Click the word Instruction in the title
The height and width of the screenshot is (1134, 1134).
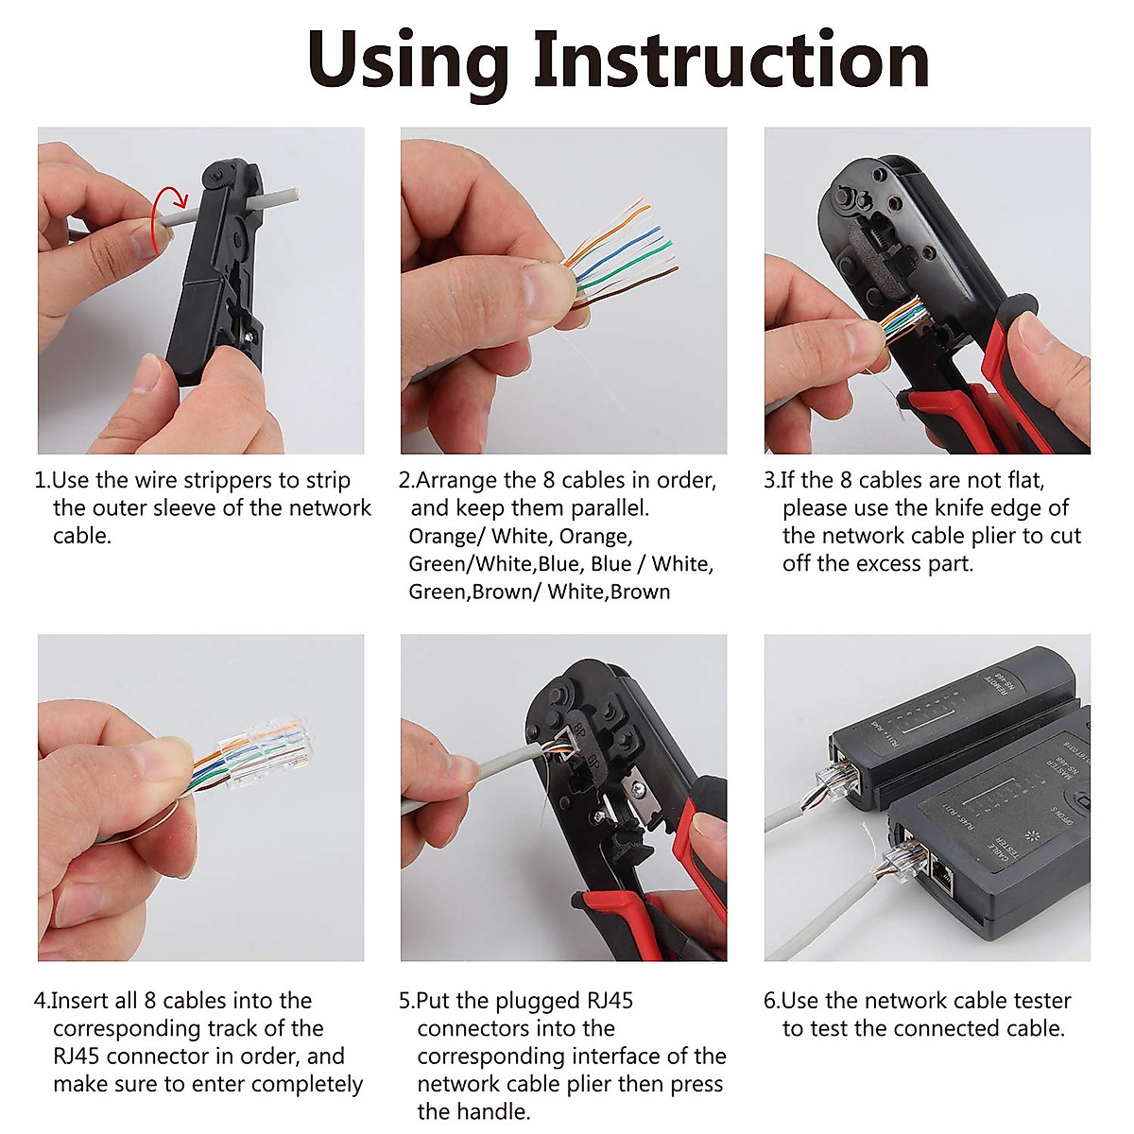click(730, 60)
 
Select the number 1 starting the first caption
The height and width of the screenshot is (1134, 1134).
click(41, 481)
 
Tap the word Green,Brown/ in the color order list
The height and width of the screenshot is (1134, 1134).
click(475, 593)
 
